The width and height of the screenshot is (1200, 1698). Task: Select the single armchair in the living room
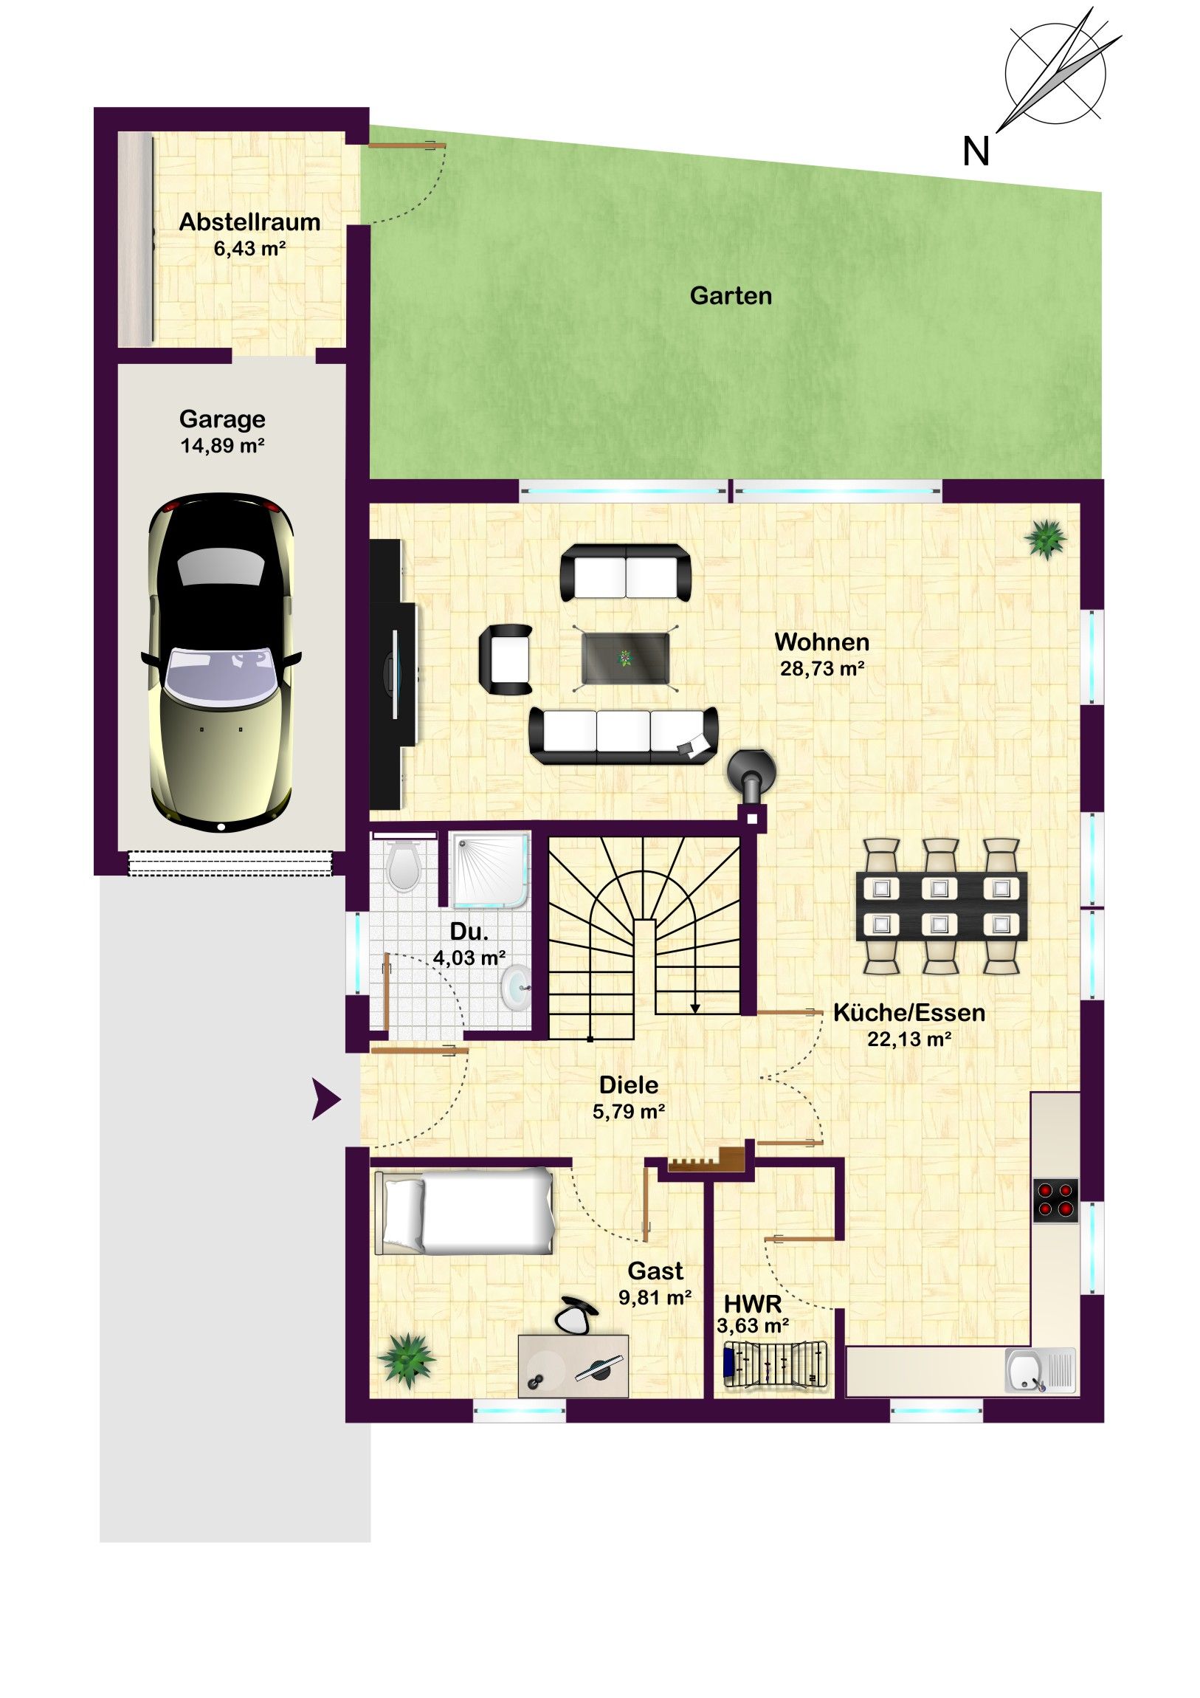(506, 659)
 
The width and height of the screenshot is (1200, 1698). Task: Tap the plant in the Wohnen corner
(1047, 537)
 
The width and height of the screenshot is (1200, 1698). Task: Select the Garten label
(731, 296)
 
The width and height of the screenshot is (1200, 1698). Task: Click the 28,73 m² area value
(822, 669)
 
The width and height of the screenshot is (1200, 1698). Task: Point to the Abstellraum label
(250, 222)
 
